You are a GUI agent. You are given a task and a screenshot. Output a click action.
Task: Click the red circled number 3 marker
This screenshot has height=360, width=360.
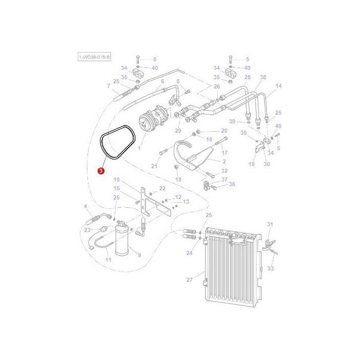pyautogui.click(x=101, y=171)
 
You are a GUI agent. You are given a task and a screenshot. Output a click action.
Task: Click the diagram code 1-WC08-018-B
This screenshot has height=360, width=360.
pyautogui.click(x=94, y=58)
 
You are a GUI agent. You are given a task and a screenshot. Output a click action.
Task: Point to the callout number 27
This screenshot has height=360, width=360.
pyautogui.click(x=189, y=280)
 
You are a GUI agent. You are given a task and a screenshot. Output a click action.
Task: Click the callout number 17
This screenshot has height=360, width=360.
pyautogui.click(x=224, y=153)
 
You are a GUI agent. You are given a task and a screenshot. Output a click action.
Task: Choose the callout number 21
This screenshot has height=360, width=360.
pyautogui.click(x=154, y=166)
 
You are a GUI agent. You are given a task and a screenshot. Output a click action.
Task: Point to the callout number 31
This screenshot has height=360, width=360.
pyautogui.click(x=270, y=224)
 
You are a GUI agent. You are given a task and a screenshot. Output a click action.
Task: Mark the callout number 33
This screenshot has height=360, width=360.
pyautogui.click(x=271, y=268)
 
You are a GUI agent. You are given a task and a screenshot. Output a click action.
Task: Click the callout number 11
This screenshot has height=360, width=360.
pyautogui.click(x=108, y=260)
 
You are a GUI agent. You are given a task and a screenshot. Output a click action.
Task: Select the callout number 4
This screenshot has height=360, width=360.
pyautogui.click(x=85, y=206)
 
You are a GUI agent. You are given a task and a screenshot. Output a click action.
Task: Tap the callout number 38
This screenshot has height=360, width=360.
pyautogui.click(x=263, y=77)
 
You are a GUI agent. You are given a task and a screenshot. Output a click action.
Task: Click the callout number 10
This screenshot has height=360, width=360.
pyautogui.click(x=116, y=179)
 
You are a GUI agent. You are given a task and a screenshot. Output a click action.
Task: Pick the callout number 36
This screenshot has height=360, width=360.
pyautogui.click(x=232, y=184)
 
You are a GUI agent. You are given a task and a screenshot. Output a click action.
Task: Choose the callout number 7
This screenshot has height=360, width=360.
pyautogui.click(x=109, y=86)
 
